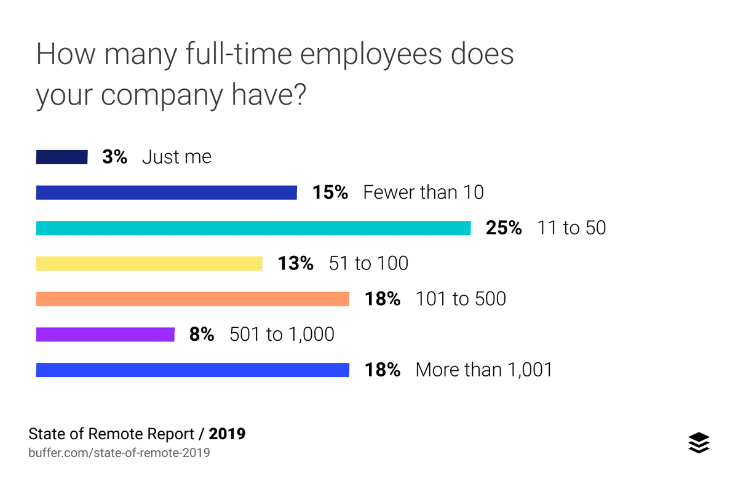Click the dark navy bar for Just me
tap(61, 157)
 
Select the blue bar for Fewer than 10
tap(166, 193)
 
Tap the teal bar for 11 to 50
tap(253, 228)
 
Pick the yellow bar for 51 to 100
tap(149, 264)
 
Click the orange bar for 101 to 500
tap(192, 299)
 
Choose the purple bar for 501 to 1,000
tap(105, 335)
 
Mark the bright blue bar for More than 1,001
tap(192, 370)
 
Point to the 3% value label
tap(114, 157)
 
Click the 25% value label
tap(504, 228)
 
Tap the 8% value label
tap(202, 335)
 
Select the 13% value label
tap(295, 264)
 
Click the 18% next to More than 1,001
tap(382, 370)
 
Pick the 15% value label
tap(330, 193)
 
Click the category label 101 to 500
tap(461, 299)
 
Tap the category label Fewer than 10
tap(423, 193)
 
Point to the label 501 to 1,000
tap(282, 335)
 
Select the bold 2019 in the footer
tap(227, 434)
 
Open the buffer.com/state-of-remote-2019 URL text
tap(119, 453)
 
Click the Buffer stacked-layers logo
tap(699, 442)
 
